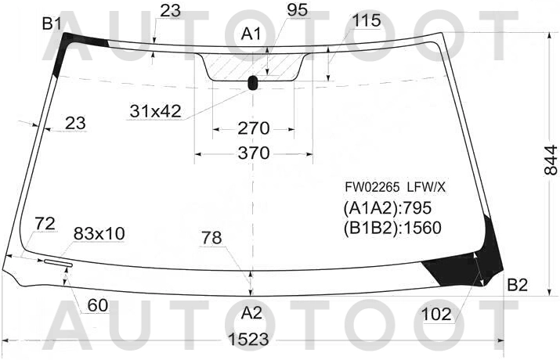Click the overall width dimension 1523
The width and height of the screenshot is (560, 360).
[248, 340]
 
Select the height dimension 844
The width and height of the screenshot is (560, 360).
[551, 160]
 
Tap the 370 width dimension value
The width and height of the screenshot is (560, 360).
[254, 153]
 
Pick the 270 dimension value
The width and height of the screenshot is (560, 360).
[254, 128]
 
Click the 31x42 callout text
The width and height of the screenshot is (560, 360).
[156, 111]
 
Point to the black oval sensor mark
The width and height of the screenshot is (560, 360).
[252, 83]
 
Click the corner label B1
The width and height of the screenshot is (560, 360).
[52, 24]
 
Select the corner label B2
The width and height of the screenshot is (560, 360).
[518, 285]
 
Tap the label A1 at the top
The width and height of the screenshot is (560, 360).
[251, 34]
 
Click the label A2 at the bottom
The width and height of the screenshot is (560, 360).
[251, 313]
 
